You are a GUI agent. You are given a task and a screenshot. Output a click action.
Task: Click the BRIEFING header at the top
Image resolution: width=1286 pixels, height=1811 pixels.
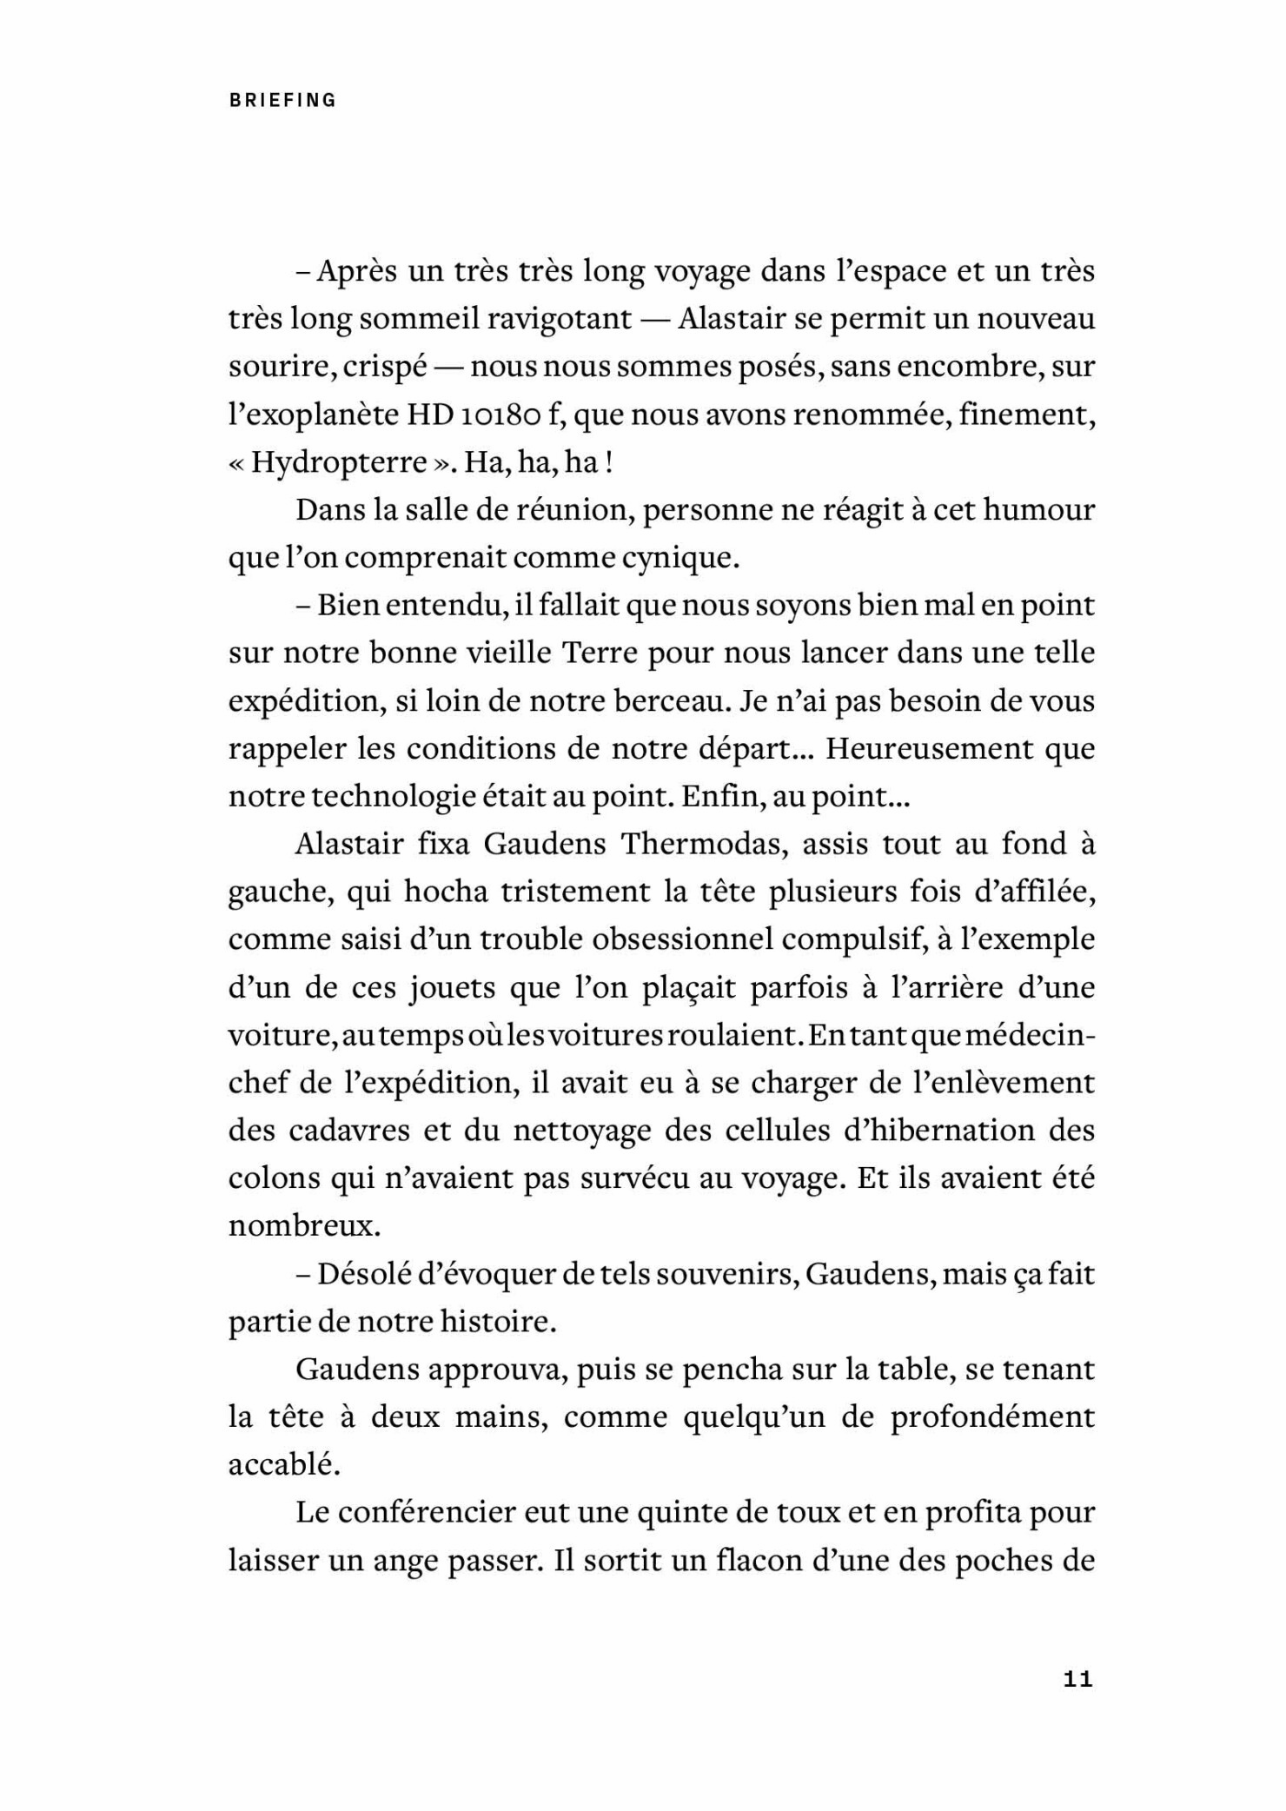click(282, 100)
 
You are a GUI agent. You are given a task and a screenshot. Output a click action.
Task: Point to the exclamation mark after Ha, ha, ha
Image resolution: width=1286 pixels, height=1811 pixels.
click(609, 462)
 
